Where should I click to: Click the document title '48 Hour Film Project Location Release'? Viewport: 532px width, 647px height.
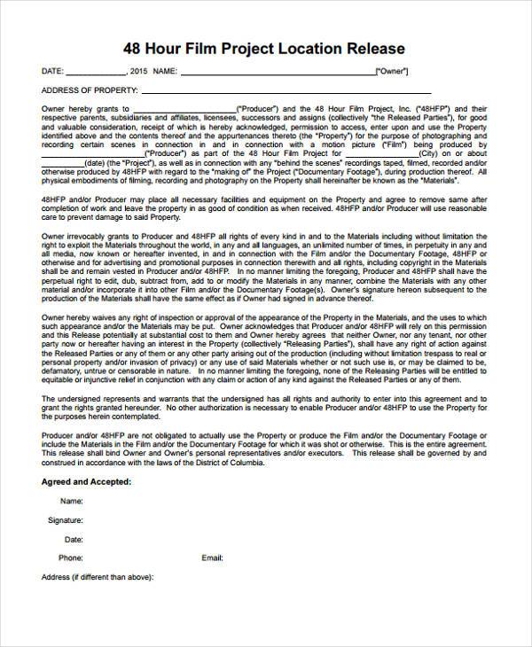(x=265, y=48)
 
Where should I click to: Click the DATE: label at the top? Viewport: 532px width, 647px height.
(x=52, y=71)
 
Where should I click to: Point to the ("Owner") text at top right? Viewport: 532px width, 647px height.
(x=395, y=71)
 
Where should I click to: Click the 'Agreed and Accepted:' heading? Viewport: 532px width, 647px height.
(x=87, y=481)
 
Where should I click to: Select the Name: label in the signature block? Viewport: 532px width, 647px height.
(x=71, y=501)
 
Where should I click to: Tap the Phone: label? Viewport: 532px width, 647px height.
(x=70, y=558)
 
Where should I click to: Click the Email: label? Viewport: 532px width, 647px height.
(x=212, y=558)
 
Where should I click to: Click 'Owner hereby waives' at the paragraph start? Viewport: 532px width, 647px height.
(x=81, y=315)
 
